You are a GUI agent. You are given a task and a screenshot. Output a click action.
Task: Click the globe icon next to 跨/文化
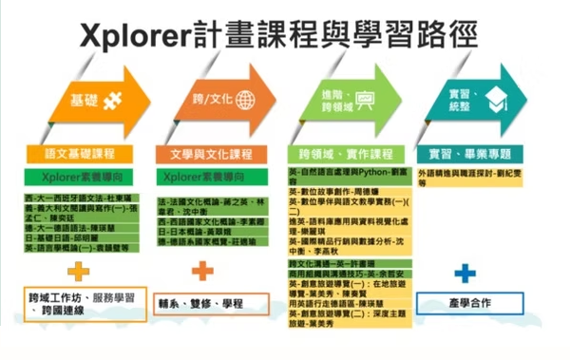click(x=244, y=100)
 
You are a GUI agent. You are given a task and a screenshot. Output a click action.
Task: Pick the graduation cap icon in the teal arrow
click(x=496, y=100)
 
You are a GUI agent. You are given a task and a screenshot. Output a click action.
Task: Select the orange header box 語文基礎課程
click(x=81, y=154)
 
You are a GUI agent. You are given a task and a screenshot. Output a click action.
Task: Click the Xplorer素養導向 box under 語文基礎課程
click(x=81, y=177)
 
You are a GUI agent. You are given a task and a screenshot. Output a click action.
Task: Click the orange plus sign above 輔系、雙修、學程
click(x=201, y=273)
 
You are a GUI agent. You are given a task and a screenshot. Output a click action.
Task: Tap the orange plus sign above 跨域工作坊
click(x=78, y=273)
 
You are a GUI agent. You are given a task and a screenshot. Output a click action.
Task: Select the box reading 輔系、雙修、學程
click(x=213, y=302)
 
